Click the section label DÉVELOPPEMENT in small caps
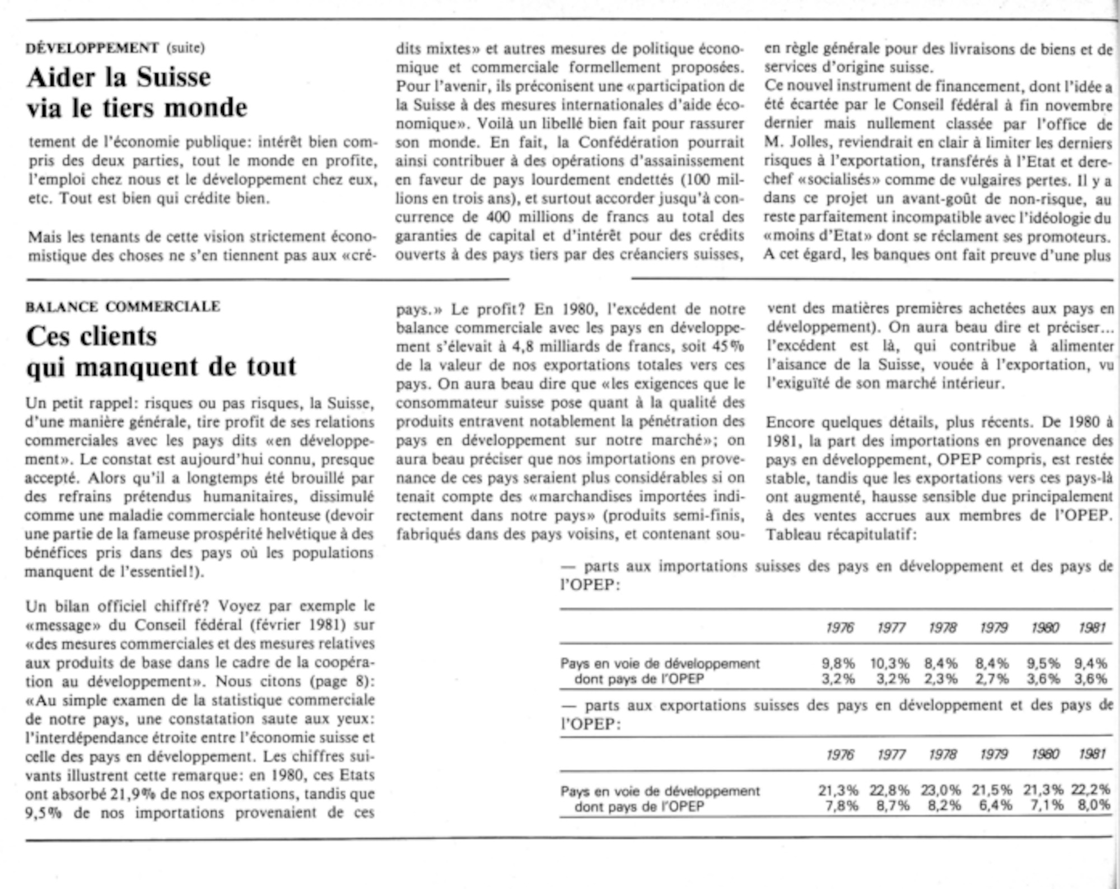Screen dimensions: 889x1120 click(93, 48)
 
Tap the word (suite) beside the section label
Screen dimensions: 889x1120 click(185, 48)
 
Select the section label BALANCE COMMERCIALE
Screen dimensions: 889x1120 click(123, 307)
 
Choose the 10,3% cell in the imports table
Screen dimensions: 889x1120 click(889, 663)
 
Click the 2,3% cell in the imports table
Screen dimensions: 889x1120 click(941, 679)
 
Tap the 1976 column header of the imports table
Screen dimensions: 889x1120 click(839, 628)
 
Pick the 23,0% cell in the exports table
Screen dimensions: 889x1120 click(941, 790)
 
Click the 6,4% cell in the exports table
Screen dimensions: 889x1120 click(992, 806)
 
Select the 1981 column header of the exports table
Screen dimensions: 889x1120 click(1092, 754)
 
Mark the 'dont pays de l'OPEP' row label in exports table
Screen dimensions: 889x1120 click(639, 807)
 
